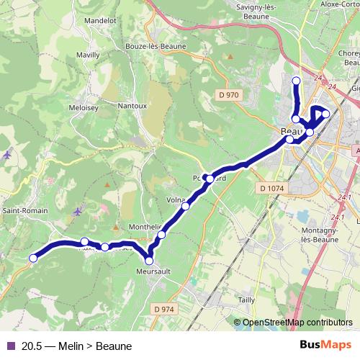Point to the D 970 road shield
(228, 95)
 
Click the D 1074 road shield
(269, 187)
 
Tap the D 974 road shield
(163, 309)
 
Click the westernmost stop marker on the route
(32, 258)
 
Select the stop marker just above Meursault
(149, 261)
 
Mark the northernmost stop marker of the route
(296, 80)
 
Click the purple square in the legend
(10, 346)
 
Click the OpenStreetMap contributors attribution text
(297, 323)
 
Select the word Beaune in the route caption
(113, 346)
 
